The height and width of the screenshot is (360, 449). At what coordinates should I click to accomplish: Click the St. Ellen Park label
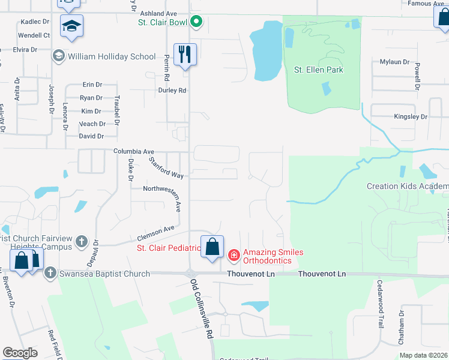coord(318,70)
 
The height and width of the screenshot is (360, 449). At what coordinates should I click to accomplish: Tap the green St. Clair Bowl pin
coord(196,23)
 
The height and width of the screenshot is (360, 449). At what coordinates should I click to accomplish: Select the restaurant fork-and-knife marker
coord(185,55)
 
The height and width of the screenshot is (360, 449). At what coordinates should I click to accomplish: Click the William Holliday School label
coord(112,56)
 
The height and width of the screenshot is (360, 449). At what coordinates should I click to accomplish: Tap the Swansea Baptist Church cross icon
coord(50,274)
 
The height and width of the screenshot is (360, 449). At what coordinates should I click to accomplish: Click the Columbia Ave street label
coord(134,152)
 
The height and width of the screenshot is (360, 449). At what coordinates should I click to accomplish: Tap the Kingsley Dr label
coord(411,116)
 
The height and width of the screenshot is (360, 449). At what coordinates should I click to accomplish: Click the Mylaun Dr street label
coord(394,62)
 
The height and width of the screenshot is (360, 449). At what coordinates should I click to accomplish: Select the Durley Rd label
coord(172,91)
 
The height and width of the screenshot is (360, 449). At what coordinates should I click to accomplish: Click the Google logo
coord(20,353)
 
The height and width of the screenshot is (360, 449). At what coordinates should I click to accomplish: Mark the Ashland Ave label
coord(158,13)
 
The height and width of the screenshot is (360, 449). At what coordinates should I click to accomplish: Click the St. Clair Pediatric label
coord(169,248)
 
